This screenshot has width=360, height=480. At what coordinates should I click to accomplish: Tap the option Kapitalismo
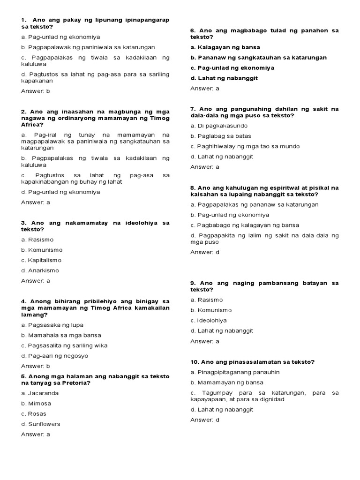click(41, 260)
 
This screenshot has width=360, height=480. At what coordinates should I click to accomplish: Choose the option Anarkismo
click(41, 270)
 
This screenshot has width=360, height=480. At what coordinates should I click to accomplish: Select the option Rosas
click(35, 414)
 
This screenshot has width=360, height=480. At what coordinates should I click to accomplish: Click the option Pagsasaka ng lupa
click(52, 325)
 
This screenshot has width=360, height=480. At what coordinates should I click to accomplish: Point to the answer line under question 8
click(204, 252)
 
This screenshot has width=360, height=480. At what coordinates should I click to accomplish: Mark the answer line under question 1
click(35, 91)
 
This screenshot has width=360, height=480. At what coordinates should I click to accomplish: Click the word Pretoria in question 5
click(76, 382)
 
